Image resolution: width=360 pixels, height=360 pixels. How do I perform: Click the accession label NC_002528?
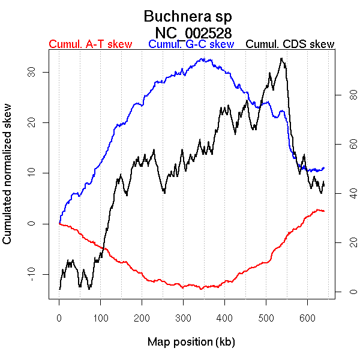click(x=193, y=32)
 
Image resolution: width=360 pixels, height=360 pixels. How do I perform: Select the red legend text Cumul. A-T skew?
click(x=90, y=44)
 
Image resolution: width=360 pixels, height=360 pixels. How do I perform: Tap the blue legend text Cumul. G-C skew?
click(x=191, y=44)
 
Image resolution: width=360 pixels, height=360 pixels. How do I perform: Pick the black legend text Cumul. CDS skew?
click(x=290, y=44)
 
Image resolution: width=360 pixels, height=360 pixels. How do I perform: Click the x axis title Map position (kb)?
click(x=191, y=343)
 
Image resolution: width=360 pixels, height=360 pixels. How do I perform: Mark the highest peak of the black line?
click(x=281, y=58)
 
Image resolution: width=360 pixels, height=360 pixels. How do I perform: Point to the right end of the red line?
click(x=324, y=211)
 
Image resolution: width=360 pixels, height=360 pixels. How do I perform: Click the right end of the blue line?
click(x=324, y=168)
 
